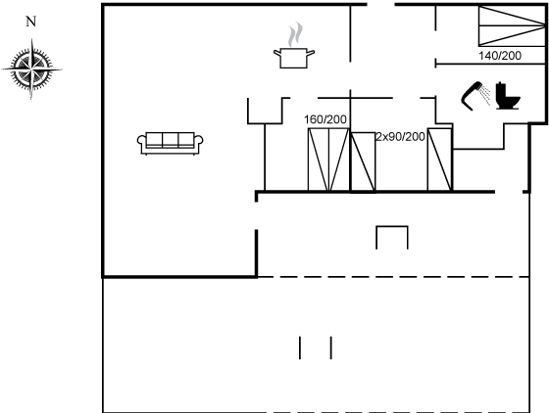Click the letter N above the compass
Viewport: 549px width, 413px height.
click(30, 22)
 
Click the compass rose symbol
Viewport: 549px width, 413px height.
click(31, 69)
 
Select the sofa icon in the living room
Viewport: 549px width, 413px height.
click(171, 143)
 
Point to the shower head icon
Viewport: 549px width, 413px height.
click(472, 95)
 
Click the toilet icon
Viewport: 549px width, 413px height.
click(508, 96)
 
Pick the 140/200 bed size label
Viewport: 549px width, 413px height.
click(500, 56)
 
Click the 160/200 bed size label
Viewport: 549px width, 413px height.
click(325, 119)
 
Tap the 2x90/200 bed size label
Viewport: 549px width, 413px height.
click(401, 137)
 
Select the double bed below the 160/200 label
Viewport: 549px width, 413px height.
click(328, 160)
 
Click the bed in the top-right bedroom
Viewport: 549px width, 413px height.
click(512, 25)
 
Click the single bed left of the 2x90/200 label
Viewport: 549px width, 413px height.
click(363, 161)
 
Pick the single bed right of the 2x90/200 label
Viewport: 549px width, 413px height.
click(440, 160)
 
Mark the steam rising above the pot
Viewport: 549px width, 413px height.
click(295, 34)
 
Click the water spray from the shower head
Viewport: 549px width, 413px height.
click(485, 95)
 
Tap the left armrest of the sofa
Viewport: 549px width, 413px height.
click(141, 142)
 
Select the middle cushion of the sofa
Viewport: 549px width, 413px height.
click(171, 139)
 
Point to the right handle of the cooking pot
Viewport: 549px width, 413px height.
click(311, 53)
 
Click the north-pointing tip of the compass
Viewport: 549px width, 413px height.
click(32, 39)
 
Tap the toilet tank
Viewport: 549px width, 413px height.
click(500, 89)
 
